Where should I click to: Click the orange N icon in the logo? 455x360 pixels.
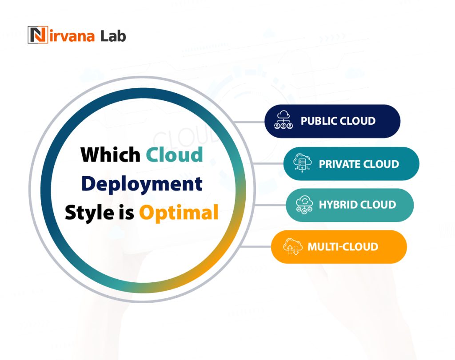click(37, 35)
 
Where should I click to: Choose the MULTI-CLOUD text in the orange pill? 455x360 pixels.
click(343, 247)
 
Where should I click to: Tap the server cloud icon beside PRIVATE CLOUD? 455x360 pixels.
click(303, 164)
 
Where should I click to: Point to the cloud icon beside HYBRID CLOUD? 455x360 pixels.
click(304, 205)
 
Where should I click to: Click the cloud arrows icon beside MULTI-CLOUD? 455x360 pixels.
click(291, 247)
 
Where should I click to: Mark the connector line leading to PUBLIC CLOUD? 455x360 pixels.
click(249, 121)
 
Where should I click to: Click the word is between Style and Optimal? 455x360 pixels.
click(126, 213)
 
